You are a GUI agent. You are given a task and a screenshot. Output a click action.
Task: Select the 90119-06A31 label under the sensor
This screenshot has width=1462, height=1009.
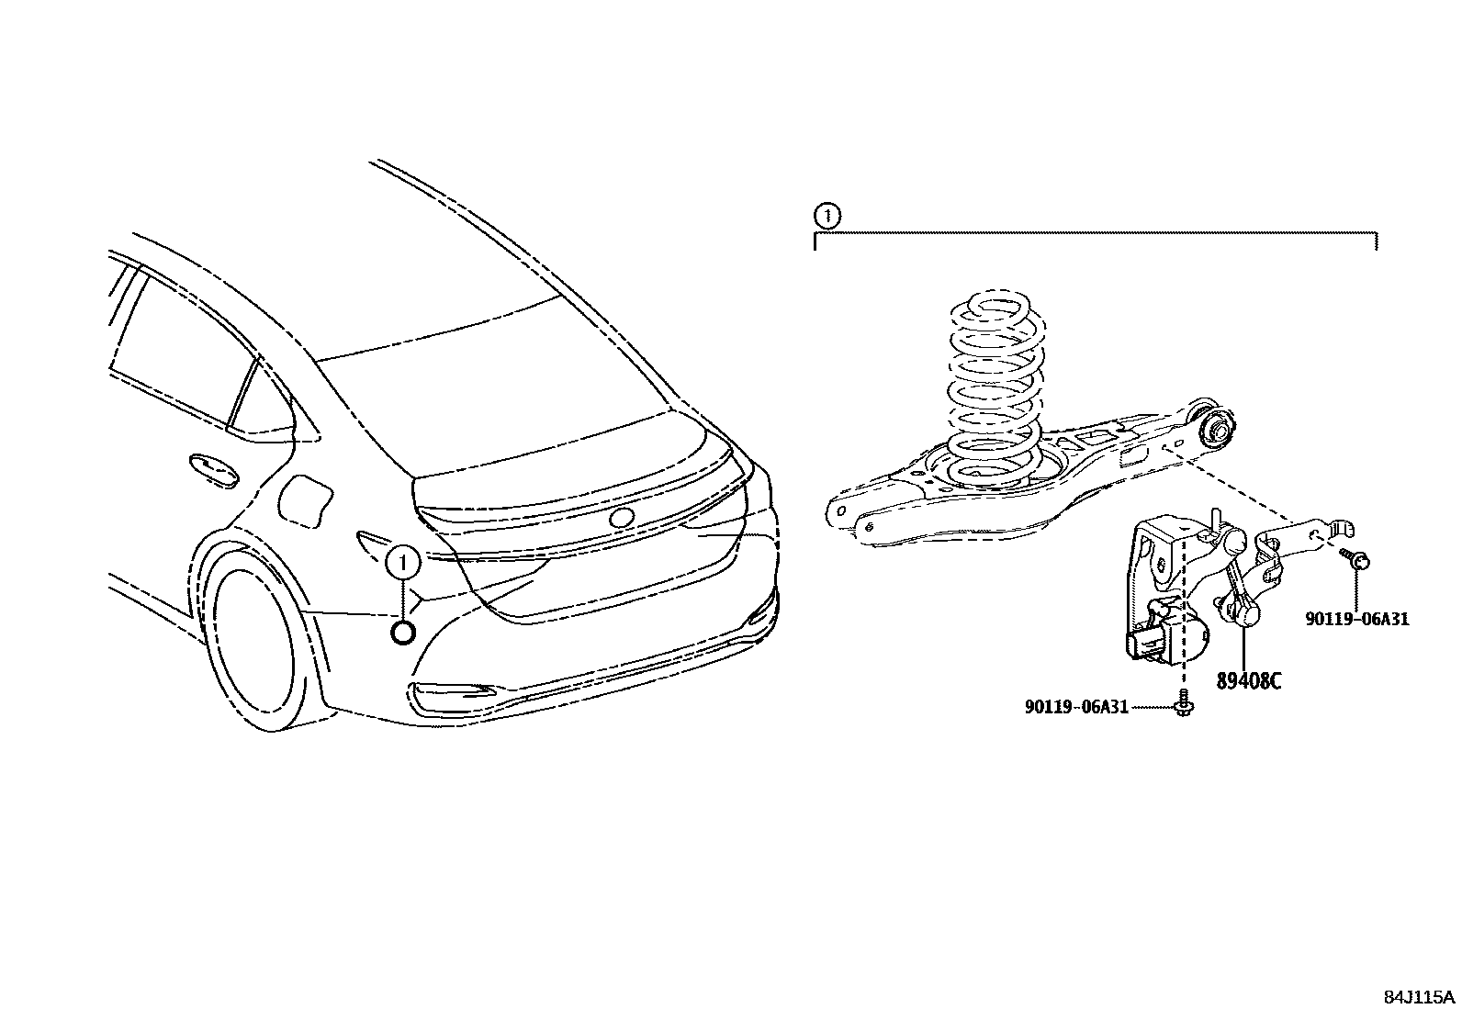(1076, 706)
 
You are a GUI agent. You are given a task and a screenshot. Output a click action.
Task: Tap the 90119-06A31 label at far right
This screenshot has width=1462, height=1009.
(1356, 619)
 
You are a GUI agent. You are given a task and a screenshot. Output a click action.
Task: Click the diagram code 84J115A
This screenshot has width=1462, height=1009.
(1420, 996)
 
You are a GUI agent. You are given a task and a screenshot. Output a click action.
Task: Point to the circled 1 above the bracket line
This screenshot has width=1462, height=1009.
(827, 217)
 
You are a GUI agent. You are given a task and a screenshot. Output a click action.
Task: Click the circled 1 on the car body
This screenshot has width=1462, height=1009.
(402, 563)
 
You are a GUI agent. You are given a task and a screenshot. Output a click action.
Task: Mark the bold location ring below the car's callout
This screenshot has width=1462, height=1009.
(402, 632)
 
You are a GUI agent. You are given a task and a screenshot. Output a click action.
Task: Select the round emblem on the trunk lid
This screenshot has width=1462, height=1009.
(622, 517)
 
